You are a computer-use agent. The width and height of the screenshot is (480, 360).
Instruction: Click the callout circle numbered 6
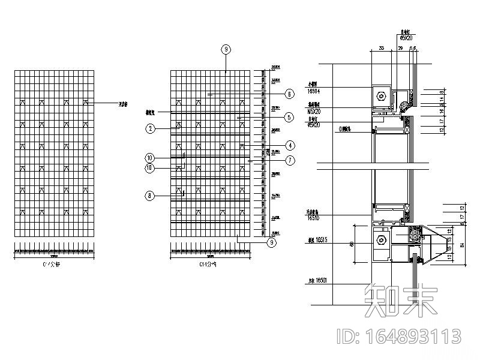click(x=289, y=94)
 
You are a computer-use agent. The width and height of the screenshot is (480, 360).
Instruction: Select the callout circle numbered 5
click(x=289, y=118)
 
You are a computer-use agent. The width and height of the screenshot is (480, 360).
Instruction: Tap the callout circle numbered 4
click(x=289, y=145)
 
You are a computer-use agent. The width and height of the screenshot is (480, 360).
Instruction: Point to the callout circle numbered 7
click(x=289, y=160)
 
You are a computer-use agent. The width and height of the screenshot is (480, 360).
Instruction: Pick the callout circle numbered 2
click(x=150, y=128)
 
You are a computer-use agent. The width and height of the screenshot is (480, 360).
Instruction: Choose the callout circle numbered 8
click(x=150, y=195)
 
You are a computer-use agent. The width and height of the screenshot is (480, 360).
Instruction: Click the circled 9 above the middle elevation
click(x=226, y=49)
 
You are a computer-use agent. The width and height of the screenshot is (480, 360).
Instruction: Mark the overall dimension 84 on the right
click(x=462, y=244)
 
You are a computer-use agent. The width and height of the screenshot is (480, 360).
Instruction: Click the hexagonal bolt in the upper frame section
click(x=382, y=95)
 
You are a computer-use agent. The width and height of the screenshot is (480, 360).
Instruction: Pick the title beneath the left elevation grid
click(x=54, y=264)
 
